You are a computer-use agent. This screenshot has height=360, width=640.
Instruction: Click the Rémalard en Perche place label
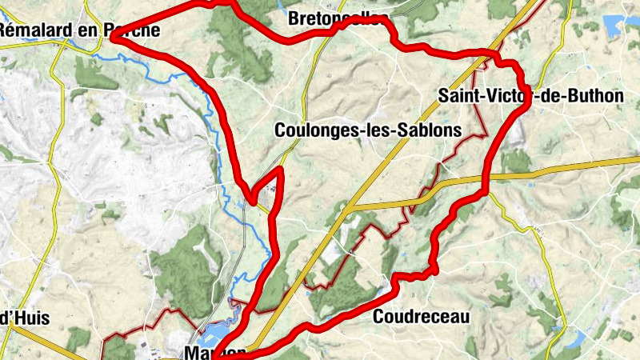point(80,31)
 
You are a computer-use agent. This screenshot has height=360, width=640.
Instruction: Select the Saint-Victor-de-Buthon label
point(530,96)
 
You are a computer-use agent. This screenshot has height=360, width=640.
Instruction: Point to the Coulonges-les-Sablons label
point(368,130)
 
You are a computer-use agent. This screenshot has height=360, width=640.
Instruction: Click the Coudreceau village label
point(421,317)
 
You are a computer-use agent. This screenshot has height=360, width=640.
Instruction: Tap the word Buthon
point(596,96)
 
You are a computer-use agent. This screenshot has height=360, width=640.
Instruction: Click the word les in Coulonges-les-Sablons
point(386,130)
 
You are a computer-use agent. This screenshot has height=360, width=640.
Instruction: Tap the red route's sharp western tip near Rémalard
point(113,36)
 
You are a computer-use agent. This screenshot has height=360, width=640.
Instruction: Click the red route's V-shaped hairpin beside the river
point(254,198)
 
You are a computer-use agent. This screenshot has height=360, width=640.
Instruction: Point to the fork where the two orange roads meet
point(350,208)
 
